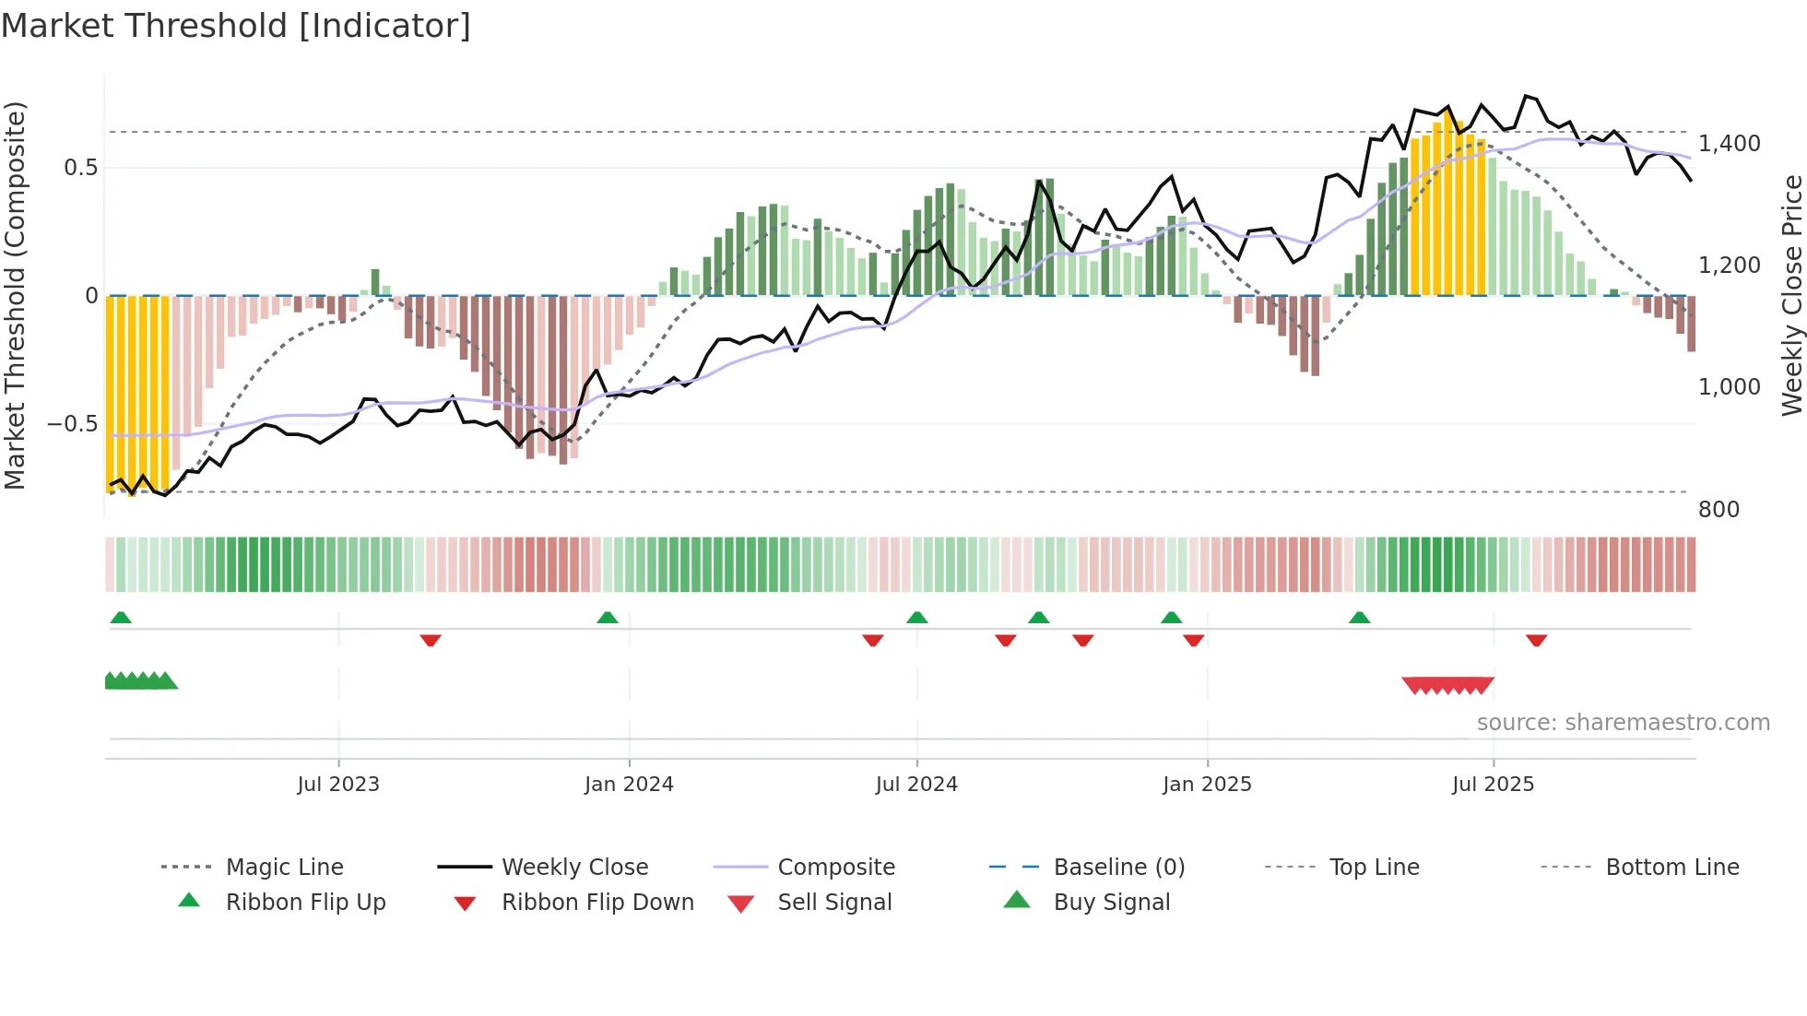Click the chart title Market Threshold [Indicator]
[236, 26]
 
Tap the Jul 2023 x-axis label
[338, 785]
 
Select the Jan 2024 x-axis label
[629, 785]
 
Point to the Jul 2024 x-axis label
[916, 785]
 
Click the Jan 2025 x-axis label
[1207, 785]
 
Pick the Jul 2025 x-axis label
[1493, 785]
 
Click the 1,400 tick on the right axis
[1730, 144]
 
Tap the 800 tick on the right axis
[1718, 510]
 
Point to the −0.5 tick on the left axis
[73, 424]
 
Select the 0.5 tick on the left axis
[81, 168]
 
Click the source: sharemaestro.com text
[1623, 723]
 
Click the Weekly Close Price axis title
[1791, 295]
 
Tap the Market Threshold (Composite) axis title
[15, 295]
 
